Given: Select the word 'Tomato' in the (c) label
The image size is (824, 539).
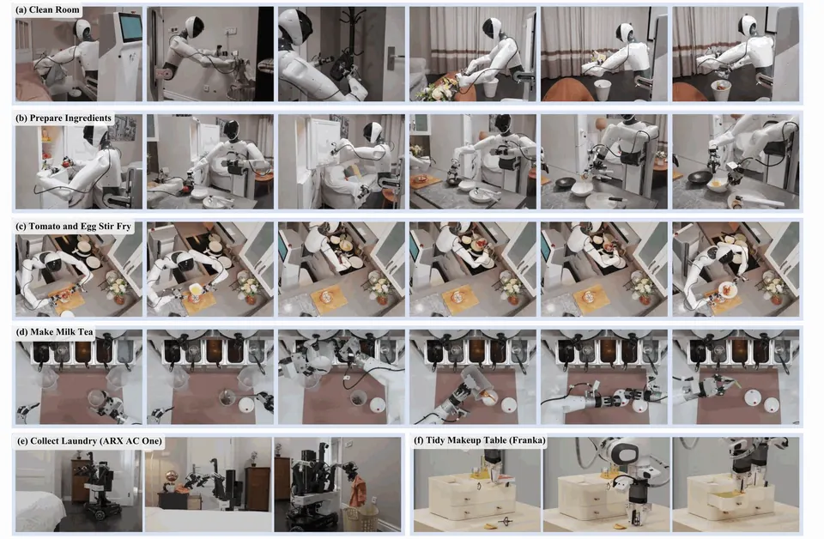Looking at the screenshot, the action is (x=45, y=227).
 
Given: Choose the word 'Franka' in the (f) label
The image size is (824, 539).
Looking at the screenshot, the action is (x=530, y=440).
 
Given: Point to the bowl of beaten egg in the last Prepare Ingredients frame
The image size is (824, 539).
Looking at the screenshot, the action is (x=718, y=185).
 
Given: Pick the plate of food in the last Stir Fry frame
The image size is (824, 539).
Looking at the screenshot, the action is (x=726, y=289).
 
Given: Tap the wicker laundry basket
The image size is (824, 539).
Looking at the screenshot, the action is (x=360, y=518).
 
